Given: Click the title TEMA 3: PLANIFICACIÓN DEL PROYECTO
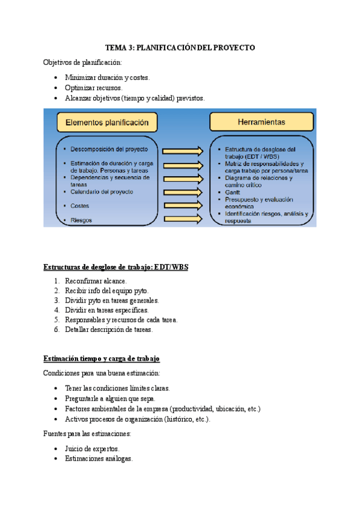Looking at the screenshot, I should click(180, 47).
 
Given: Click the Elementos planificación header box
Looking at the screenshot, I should click(106, 123).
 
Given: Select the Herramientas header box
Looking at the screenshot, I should click(261, 123).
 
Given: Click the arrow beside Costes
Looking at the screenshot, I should click(183, 206).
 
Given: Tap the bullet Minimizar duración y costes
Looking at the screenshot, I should click(107, 78).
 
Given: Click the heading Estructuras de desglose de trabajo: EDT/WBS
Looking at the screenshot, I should click(116, 268).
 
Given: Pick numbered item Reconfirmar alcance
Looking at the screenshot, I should click(96, 281).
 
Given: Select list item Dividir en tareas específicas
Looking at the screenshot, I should click(106, 310).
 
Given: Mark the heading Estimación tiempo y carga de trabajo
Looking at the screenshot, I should click(102, 358).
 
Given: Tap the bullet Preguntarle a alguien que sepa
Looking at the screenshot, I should click(111, 398).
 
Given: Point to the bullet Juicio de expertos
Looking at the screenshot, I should click(92, 449).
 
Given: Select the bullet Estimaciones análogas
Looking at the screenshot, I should click(99, 459).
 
